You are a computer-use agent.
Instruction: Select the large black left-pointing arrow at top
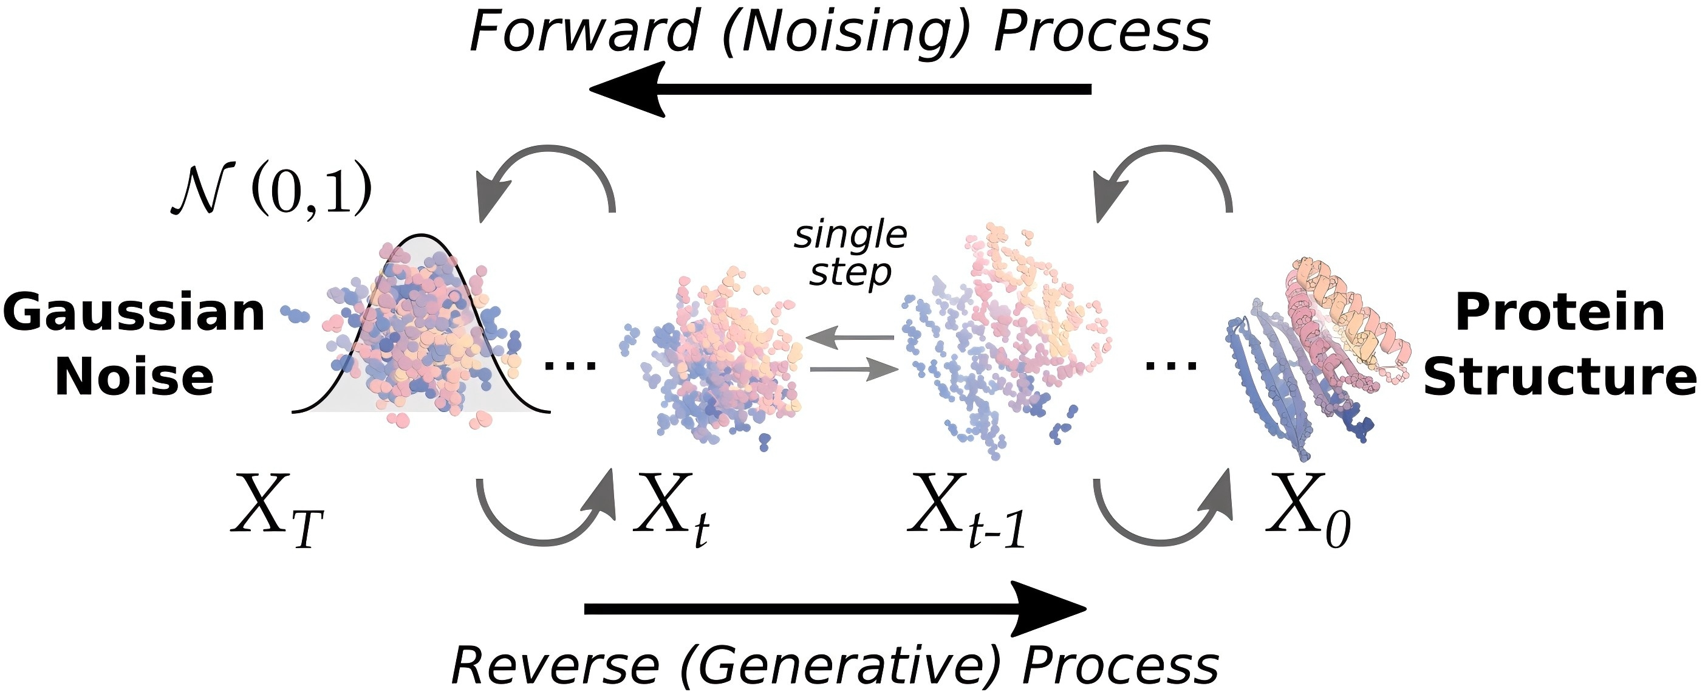coord(840,89)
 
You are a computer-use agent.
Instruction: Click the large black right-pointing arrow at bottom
coord(835,609)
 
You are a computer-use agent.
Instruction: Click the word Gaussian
coord(134,313)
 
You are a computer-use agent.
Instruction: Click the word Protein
coord(1559,313)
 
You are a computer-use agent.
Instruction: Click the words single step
coord(851,254)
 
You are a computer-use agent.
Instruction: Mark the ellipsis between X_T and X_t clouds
coord(570,365)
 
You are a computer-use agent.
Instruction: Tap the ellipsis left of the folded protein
coord(1172,365)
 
